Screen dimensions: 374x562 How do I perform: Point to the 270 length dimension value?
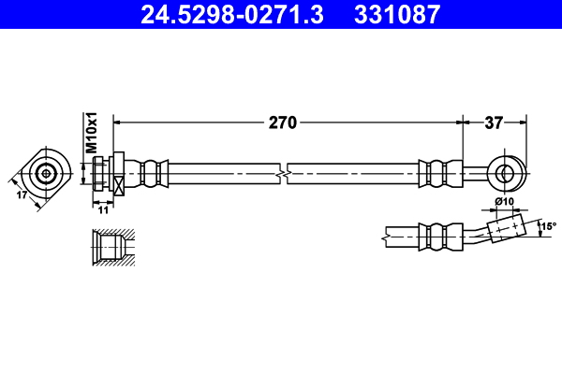[284, 122]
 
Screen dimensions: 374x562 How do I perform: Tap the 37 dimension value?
[495, 122]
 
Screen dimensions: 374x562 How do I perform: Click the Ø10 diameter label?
[504, 202]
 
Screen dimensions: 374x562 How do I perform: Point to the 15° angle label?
[547, 226]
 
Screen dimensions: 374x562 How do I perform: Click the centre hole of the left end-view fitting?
[46, 173]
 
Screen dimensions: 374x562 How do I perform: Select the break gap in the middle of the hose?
[284, 173]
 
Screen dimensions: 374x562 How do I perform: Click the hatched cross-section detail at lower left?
[111, 249]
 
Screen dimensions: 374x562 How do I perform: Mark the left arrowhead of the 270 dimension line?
[117, 122]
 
